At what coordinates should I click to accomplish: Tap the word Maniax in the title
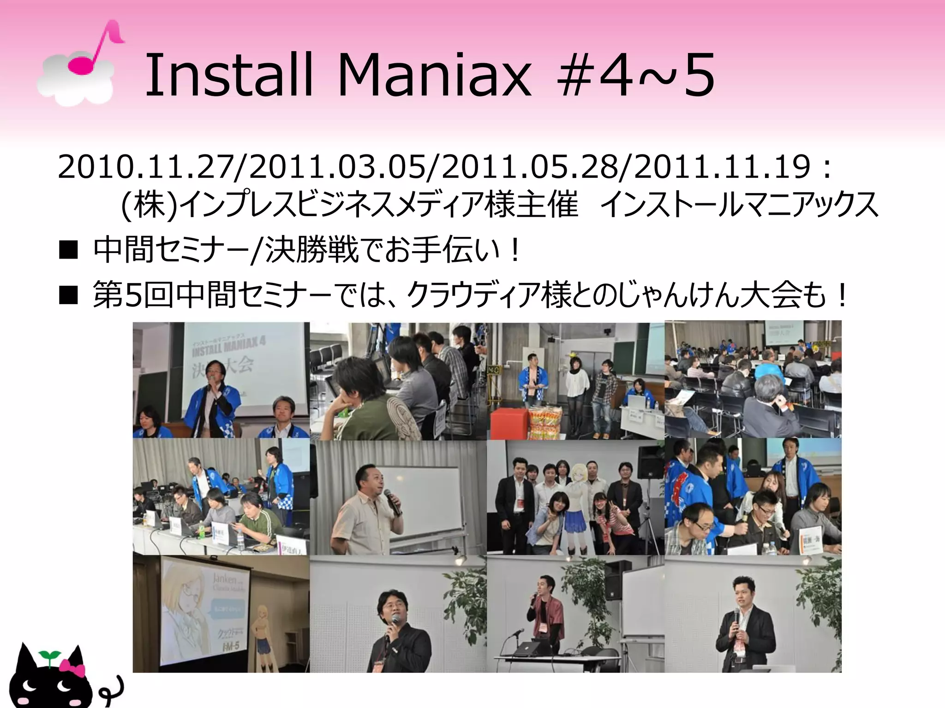click(435, 75)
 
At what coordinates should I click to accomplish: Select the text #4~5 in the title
click(636, 75)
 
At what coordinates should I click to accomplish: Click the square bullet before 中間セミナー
click(68, 250)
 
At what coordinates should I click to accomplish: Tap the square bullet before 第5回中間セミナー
click(68, 295)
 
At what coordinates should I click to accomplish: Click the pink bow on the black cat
click(72, 668)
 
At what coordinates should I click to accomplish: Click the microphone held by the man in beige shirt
click(392, 501)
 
